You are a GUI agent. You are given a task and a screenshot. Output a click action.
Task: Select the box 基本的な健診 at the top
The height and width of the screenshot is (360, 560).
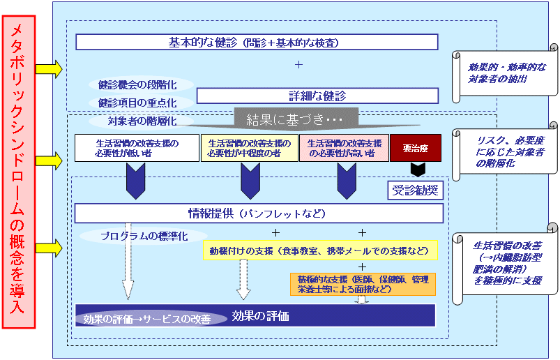[x=256, y=43]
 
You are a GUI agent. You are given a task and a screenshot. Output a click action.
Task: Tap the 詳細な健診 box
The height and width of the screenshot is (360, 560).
[x=317, y=96]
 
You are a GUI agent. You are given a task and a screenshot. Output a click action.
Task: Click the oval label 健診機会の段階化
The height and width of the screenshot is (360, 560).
[x=137, y=85]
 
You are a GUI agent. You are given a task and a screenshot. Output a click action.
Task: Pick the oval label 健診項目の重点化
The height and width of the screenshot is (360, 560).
[x=137, y=103]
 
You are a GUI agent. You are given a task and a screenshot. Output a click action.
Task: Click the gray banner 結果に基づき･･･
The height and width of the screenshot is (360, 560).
[x=296, y=119]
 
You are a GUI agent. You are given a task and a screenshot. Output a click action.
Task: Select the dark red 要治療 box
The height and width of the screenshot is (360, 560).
[x=415, y=148]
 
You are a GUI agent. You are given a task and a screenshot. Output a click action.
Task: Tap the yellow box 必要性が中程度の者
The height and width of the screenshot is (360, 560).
[x=248, y=148]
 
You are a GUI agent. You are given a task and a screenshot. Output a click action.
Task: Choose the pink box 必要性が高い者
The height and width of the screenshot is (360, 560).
[x=344, y=148]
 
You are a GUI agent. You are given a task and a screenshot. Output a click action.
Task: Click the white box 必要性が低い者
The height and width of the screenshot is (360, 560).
[x=137, y=148]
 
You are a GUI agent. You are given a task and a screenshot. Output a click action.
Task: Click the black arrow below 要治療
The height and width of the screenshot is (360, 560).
[x=417, y=170]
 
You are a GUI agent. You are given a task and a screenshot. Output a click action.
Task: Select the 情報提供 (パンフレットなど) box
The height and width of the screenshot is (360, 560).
[x=259, y=213]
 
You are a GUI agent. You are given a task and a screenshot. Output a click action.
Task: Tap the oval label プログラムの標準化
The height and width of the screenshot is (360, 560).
[x=144, y=236]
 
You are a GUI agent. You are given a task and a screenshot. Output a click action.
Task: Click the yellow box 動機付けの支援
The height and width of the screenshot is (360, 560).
[x=319, y=250]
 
